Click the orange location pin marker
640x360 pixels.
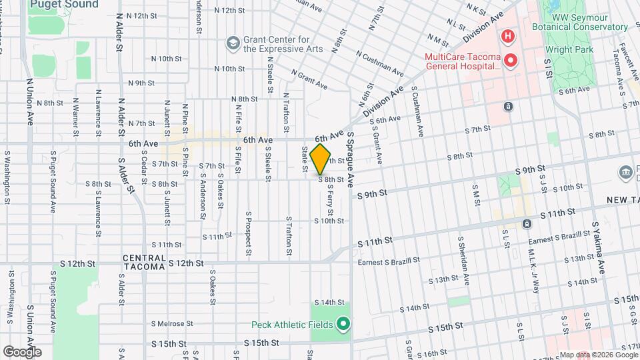(321, 159)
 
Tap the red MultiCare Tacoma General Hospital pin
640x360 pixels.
(511, 61)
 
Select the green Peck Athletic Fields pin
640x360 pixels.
(343, 325)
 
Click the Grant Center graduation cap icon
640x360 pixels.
(233, 43)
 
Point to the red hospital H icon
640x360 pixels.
(507, 35)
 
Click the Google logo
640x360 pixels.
(21, 351)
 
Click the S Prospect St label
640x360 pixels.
(248, 233)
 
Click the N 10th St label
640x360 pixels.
(230, 69)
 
